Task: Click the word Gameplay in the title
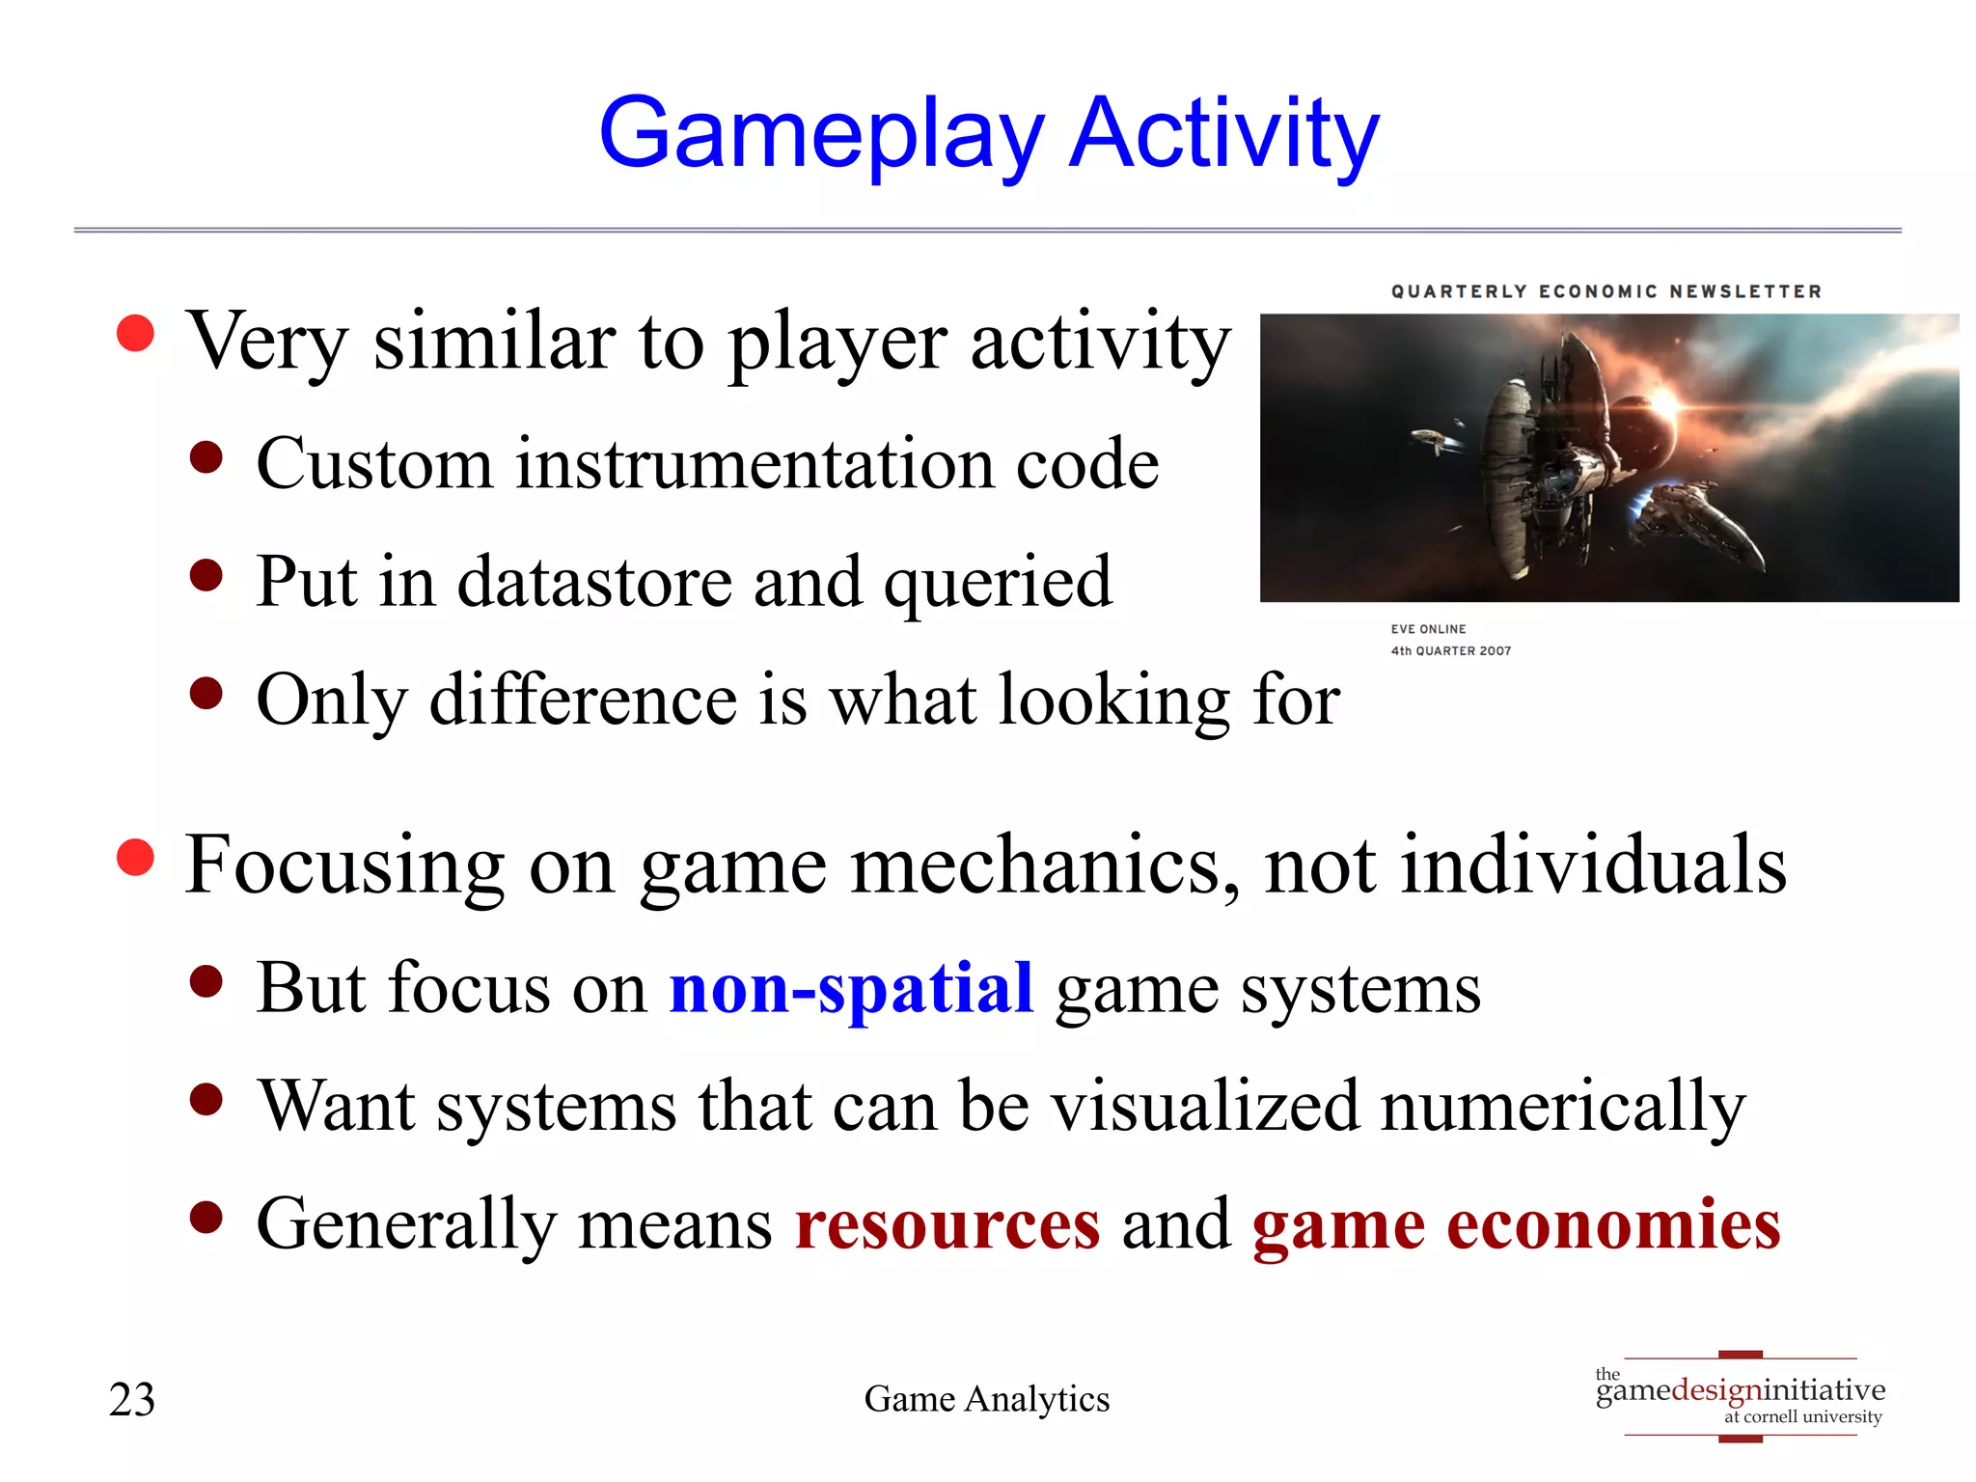[x=820, y=135]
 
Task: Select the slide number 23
[x=132, y=1400]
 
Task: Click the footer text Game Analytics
[x=986, y=1399]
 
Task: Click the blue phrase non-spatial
[x=851, y=989]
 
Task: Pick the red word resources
[x=947, y=1224]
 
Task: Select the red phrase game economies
[x=1516, y=1224]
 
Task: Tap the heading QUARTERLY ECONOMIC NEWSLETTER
[x=1605, y=291]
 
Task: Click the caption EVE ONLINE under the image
[x=1428, y=629]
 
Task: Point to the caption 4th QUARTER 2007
[x=1450, y=651]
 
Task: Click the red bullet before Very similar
[x=135, y=334]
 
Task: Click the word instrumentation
[x=755, y=464]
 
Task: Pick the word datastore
[x=593, y=582]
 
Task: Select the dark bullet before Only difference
[x=206, y=693]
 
